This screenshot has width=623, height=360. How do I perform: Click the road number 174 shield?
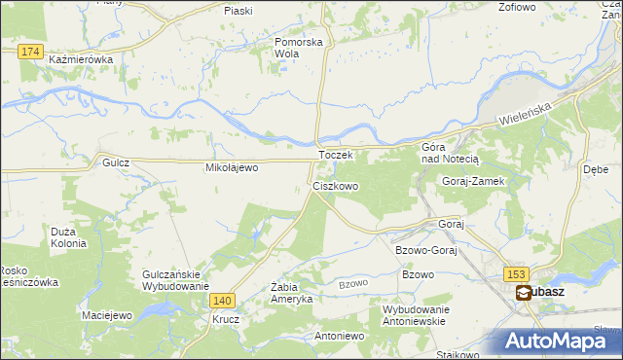(31, 51)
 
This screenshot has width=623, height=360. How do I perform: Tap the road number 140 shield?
(222, 302)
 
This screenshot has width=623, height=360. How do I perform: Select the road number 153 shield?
(516, 275)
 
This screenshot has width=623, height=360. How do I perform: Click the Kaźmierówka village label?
(80, 59)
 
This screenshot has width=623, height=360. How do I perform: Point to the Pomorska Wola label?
(298, 49)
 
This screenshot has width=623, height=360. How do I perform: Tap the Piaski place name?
(238, 10)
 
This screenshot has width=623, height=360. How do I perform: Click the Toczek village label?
(334, 155)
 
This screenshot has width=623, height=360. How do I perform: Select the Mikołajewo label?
(231, 167)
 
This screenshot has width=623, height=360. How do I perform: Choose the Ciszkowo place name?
(335, 185)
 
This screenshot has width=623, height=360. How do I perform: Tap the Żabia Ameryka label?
(291, 293)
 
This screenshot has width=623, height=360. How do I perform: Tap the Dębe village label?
(596, 168)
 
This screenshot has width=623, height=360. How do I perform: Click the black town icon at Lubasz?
(524, 292)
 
